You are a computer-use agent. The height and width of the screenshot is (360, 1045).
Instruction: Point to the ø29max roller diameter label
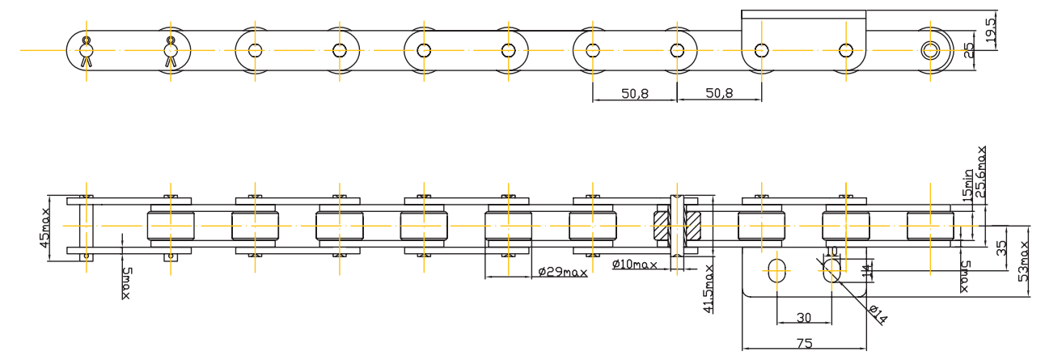(562, 271)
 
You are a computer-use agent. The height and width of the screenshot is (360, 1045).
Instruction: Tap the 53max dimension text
(1024, 260)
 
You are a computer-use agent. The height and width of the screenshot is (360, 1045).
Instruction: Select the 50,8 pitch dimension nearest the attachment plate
(719, 94)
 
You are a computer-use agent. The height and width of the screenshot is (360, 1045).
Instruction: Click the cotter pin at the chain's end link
(87, 51)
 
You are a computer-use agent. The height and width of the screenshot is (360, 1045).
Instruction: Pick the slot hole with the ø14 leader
(829, 271)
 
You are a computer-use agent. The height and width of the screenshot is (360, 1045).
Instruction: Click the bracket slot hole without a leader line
(776, 271)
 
